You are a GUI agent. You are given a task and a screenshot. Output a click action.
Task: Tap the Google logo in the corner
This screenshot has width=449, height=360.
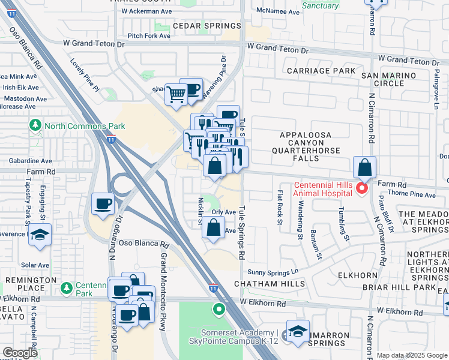tap(20, 353)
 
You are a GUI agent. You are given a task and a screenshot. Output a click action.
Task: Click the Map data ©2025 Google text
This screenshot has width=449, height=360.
tap(412, 355)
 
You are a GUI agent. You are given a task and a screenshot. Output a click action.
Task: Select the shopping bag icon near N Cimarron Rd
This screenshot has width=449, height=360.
tap(365, 167)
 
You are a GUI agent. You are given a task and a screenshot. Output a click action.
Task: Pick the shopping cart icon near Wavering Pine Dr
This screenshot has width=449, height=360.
tap(176, 94)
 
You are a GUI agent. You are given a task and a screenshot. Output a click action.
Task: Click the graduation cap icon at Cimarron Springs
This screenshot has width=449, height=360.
tap(297, 331)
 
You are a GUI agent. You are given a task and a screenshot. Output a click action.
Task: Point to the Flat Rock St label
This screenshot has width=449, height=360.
tap(280, 207)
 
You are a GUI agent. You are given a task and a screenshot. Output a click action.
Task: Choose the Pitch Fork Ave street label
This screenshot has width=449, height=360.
tap(149, 36)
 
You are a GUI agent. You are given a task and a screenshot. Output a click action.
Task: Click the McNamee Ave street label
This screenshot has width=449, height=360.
tap(277, 12)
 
